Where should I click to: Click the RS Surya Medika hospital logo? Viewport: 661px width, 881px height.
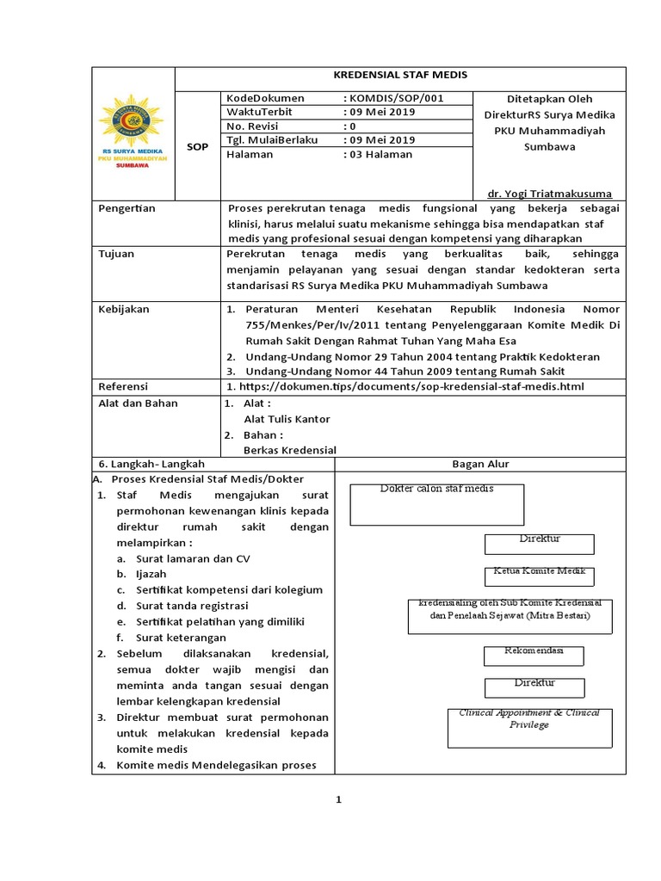[133, 136]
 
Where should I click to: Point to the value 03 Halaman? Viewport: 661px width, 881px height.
[378, 154]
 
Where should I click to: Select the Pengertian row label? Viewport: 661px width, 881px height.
[127, 208]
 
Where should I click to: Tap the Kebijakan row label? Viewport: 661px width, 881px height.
[124, 309]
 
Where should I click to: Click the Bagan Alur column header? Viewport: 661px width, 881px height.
[480, 465]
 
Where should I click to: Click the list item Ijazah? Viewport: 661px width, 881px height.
[151, 574]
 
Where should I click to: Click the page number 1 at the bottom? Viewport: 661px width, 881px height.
[339, 799]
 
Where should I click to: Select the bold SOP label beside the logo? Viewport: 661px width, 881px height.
[198, 147]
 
